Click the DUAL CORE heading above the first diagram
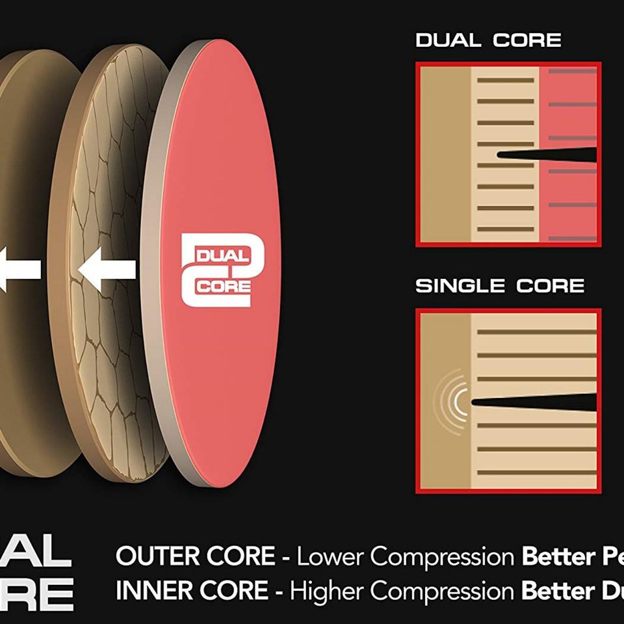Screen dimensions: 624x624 click(488, 40)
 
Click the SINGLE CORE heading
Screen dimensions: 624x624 click(500, 286)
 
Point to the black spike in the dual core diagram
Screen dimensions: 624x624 click(546, 155)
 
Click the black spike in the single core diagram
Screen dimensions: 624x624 click(533, 402)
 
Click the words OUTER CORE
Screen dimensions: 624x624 click(195, 556)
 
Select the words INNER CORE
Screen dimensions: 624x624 click(191, 590)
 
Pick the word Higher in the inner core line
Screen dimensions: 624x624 click(328, 590)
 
